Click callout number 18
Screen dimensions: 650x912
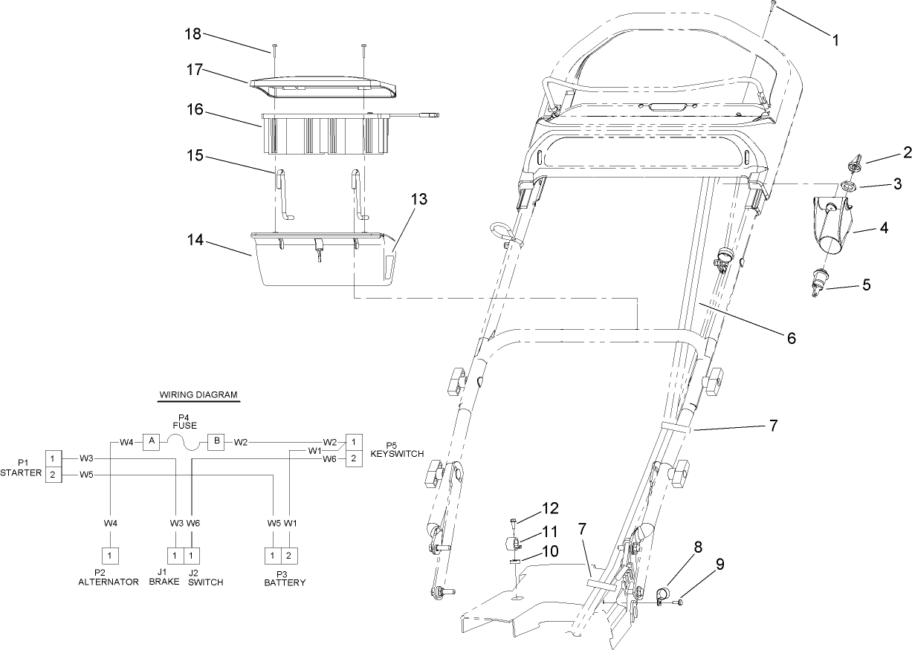193,34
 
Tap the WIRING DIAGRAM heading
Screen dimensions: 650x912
199,395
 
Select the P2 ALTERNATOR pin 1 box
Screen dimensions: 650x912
109,555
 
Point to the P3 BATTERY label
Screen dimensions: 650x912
285,578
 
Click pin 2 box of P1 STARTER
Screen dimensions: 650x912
53,474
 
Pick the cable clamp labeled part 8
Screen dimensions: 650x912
663,593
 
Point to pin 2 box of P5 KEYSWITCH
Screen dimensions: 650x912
354,459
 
